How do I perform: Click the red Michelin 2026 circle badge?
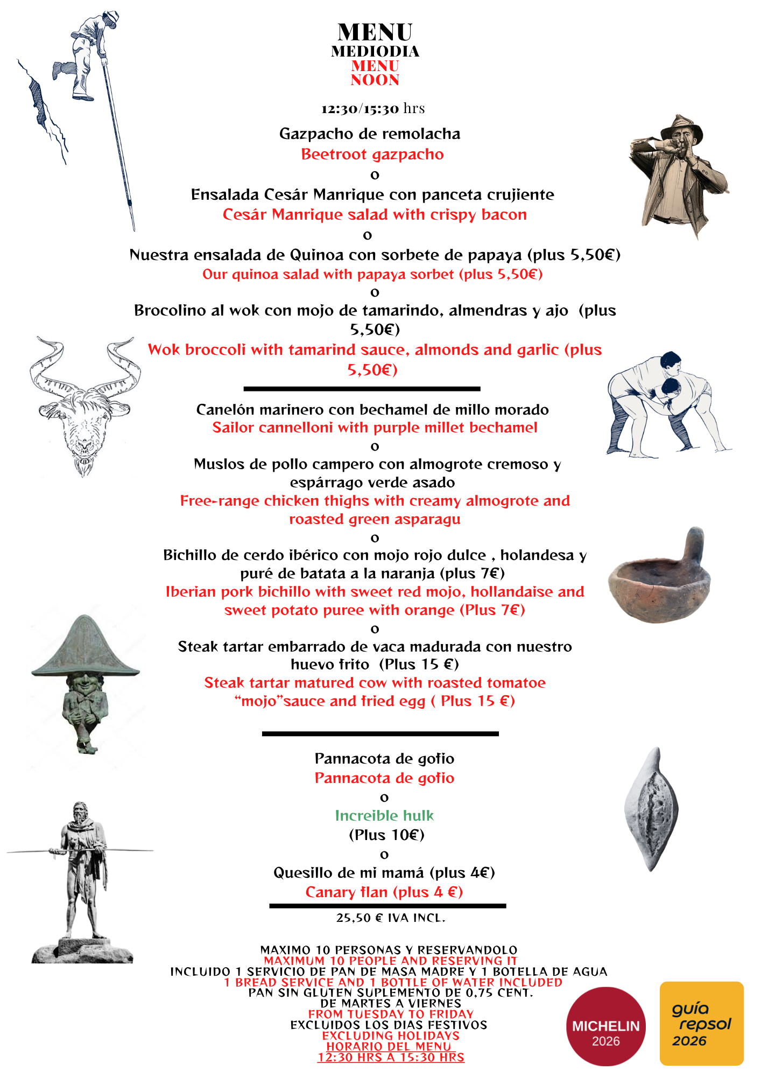pos(605,1026)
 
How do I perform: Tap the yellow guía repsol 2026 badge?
pos(701,1023)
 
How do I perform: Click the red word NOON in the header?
pos(375,80)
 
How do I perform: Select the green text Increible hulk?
pos(384,816)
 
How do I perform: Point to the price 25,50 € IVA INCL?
pos(391,918)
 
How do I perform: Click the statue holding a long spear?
pos(81,878)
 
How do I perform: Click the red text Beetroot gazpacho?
pos(372,155)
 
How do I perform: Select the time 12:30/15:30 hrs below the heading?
pos(373,109)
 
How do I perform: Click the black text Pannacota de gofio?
pos(384,759)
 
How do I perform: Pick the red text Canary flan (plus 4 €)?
pos(384,892)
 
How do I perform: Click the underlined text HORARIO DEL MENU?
pos(389,1046)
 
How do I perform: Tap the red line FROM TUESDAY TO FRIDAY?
pos(391,1014)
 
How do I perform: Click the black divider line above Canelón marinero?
pos(362,388)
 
